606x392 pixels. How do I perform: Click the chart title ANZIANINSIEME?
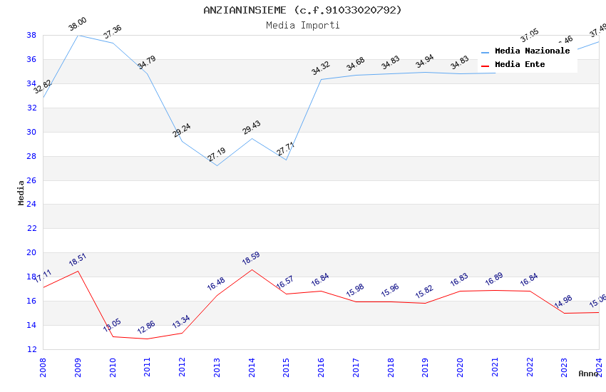302,10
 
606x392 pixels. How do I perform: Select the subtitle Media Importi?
302,25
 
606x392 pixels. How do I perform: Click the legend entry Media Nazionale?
532,51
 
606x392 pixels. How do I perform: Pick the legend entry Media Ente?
520,65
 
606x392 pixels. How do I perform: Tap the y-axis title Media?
21,192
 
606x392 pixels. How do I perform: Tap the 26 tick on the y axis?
31,180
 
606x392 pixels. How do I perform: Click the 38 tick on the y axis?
31,35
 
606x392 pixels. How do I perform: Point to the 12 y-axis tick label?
31,349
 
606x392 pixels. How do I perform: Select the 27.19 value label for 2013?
217,155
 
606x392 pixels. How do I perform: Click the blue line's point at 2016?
322,79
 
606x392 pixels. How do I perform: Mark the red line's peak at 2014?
252,269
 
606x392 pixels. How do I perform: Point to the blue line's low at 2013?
217,165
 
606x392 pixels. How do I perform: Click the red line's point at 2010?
113,336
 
